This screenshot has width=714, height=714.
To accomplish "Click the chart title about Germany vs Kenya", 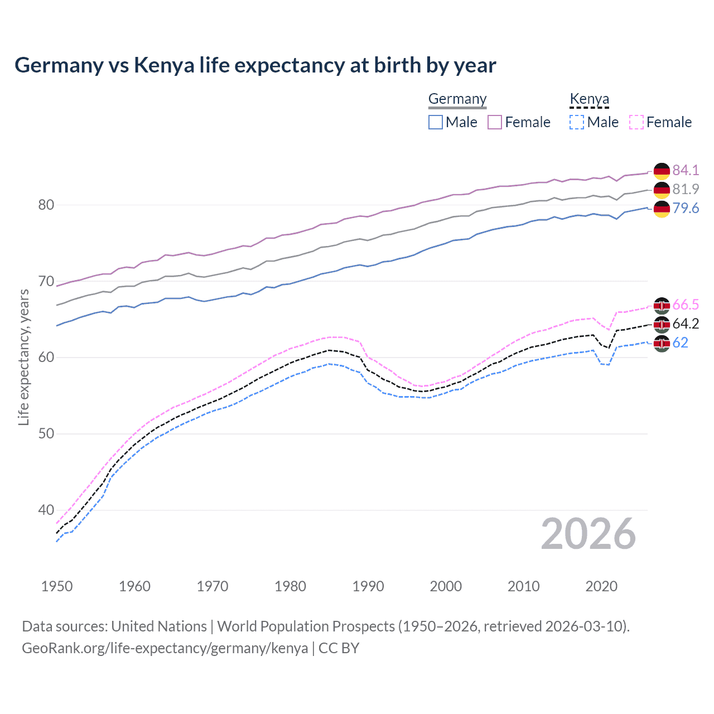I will click(255, 65).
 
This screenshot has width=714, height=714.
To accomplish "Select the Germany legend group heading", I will click(457, 99).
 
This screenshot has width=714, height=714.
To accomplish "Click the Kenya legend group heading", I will click(589, 99).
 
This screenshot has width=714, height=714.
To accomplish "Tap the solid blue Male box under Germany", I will click(436, 122).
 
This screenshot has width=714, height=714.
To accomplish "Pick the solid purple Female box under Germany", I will click(495, 122).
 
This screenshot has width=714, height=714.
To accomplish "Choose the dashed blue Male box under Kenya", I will click(577, 122).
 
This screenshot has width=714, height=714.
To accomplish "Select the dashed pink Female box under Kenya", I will click(636, 122).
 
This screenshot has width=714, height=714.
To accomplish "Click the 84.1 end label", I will click(686, 170).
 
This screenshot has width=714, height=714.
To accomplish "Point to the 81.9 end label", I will click(686, 189).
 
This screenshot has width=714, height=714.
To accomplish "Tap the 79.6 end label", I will click(686, 208).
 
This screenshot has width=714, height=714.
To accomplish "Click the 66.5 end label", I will click(686, 305).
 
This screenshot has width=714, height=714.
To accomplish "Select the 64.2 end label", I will click(686, 324).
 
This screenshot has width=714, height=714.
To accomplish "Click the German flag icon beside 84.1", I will click(662, 171).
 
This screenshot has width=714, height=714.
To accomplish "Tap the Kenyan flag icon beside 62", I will click(662, 343).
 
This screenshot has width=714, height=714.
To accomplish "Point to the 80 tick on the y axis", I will click(46, 205).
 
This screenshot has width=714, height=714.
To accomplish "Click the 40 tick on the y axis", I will click(46, 510).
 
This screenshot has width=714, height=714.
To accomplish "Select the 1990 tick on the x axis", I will click(368, 586).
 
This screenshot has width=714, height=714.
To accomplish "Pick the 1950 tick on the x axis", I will click(57, 586).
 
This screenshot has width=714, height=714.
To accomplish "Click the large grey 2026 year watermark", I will click(588, 534).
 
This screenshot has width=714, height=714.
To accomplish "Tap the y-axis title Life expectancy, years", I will click(23, 357).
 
